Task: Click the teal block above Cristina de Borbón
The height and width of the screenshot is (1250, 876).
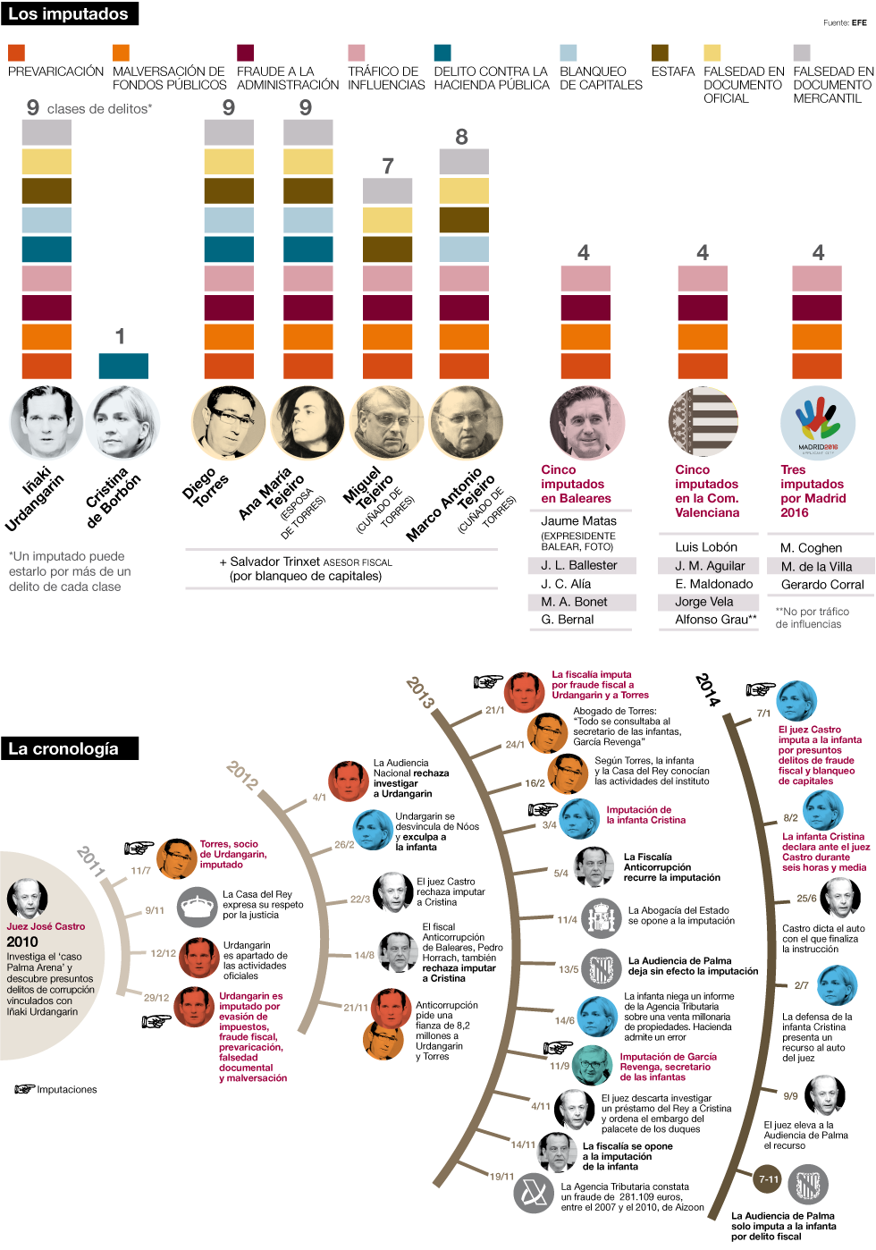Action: [x=123, y=366]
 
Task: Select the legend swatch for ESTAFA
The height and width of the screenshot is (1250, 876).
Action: [x=660, y=53]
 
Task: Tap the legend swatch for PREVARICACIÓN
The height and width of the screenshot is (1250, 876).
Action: [x=16, y=53]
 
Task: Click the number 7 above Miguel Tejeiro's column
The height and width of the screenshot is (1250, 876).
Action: [x=388, y=165]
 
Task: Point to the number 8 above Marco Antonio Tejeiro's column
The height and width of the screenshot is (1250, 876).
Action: [x=461, y=137]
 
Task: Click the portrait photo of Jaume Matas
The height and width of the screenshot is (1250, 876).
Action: [x=586, y=423]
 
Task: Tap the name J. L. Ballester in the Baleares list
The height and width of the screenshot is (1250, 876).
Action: [x=579, y=565]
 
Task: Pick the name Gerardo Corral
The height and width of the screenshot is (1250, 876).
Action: [x=822, y=585]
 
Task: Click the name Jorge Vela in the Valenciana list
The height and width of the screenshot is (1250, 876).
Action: [x=704, y=602]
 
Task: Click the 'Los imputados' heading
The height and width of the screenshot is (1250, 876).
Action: [x=69, y=14]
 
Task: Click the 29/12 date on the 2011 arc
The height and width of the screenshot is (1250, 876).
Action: [x=156, y=998]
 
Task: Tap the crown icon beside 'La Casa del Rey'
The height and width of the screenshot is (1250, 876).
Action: [x=197, y=908]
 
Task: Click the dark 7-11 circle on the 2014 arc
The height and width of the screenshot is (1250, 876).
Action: [x=769, y=1179]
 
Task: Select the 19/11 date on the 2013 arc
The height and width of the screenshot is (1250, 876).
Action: [x=501, y=1177]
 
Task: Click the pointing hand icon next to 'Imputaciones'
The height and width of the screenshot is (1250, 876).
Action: [x=24, y=1089]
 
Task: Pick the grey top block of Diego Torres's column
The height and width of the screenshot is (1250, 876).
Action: [x=229, y=133]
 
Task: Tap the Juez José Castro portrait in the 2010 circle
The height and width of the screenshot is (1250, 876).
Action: [x=27, y=899]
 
